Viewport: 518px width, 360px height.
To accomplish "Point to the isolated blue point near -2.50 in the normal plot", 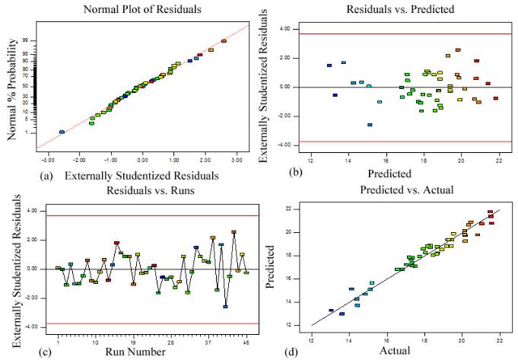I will [x=62, y=132].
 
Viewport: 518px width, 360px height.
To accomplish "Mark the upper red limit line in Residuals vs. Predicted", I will [x=396, y=33].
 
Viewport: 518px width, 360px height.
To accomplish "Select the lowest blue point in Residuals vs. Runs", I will [x=225, y=307].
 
